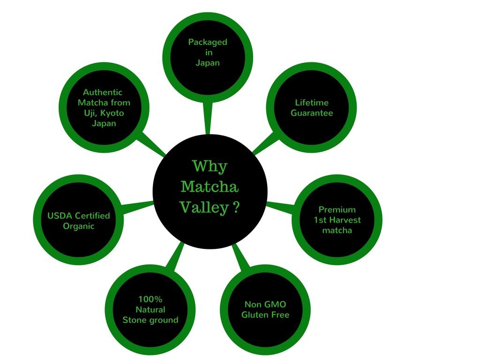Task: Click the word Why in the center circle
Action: pyautogui.click(x=210, y=166)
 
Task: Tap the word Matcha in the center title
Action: pyautogui.click(x=210, y=187)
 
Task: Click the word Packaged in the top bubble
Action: pyautogui.click(x=208, y=42)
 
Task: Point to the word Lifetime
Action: pyautogui.click(x=312, y=103)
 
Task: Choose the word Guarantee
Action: pyautogui.click(x=312, y=113)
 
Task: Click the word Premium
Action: pyautogui.click(x=337, y=210)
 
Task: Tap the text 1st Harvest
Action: pyautogui.click(x=337, y=220)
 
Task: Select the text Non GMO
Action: pyautogui.click(x=265, y=304)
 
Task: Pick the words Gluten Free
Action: pyautogui.click(x=265, y=315)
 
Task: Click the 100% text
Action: pyautogui.click(x=150, y=299)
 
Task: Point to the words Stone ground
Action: pyautogui.click(x=150, y=320)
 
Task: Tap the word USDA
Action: pyautogui.click(x=59, y=216)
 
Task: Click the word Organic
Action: pyautogui.click(x=79, y=226)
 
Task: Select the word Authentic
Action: pyautogui.click(x=103, y=92)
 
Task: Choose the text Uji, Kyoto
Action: pyautogui.click(x=104, y=113)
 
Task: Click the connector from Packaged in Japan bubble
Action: pyautogui.click(x=208, y=118)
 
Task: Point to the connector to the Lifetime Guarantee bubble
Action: pyautogui.click(x=266, y=142)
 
